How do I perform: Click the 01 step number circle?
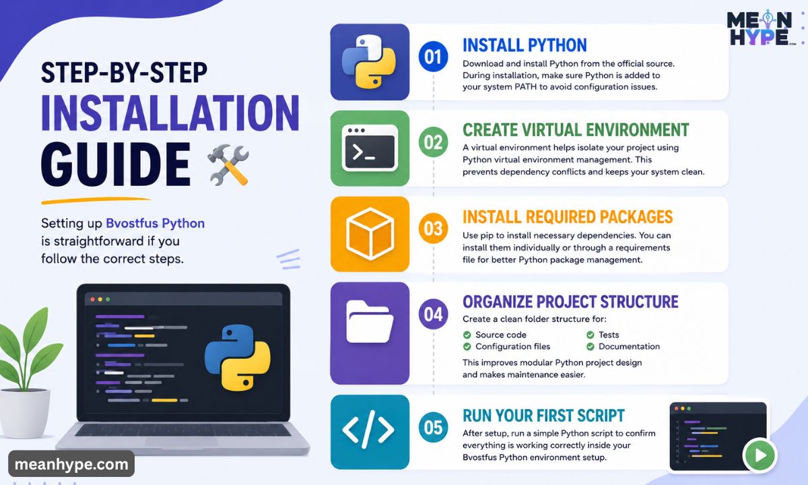[433, 57]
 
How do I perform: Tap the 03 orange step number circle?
[433, 228]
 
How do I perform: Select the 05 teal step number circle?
[433, 427]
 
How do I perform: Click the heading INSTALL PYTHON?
[525, 46]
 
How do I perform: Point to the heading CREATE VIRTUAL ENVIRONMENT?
[576, 130]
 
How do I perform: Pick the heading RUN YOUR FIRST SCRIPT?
[543, 416]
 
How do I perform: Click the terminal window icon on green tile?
[370, 148]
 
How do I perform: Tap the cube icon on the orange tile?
[370, 234]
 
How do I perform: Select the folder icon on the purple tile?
[370, 322]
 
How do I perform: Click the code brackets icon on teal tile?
[368, 430]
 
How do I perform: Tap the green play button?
[760, 455]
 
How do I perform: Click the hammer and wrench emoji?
[228, 165]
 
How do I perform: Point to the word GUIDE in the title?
[115, 164]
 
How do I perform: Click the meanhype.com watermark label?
[71, 464]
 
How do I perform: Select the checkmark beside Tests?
[590, 335]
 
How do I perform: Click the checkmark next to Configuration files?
[467, 347]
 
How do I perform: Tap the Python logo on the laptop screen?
[237, 358]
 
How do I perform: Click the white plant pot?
[24, 413]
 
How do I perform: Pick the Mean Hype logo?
[760, 28]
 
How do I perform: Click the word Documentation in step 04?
[629, 346]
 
